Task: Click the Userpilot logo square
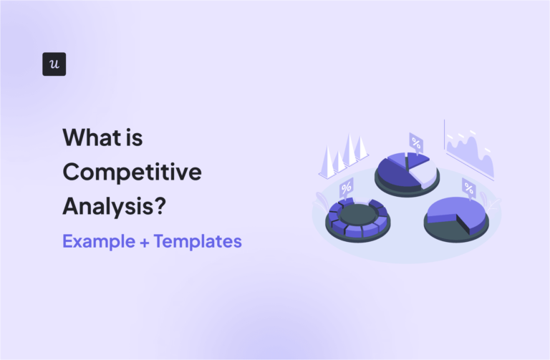coord(54,64)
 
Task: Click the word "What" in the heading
coord(90,137)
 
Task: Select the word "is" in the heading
coord(133,137)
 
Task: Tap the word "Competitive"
coord(132,172)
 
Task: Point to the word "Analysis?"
coord(115,206)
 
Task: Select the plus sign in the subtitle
coord(148,242)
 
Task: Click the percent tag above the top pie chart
coord(415,140)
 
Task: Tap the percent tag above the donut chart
coord(346,188)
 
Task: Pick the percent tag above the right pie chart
coord(468,189)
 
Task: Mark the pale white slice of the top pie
coord(422,173)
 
